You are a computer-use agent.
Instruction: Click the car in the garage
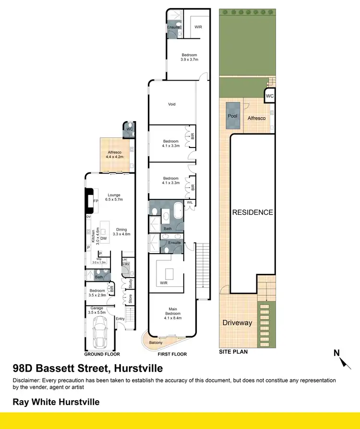101,333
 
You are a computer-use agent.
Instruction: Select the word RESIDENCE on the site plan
252,212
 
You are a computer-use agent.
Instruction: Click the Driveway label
237,323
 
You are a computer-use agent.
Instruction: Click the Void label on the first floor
172,103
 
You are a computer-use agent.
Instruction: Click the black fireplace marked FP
89,200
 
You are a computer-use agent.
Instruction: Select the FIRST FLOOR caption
172,354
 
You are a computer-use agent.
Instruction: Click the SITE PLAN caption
233,352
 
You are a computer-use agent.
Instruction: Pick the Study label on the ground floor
129,284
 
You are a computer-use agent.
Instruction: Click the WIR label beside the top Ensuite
198,27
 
